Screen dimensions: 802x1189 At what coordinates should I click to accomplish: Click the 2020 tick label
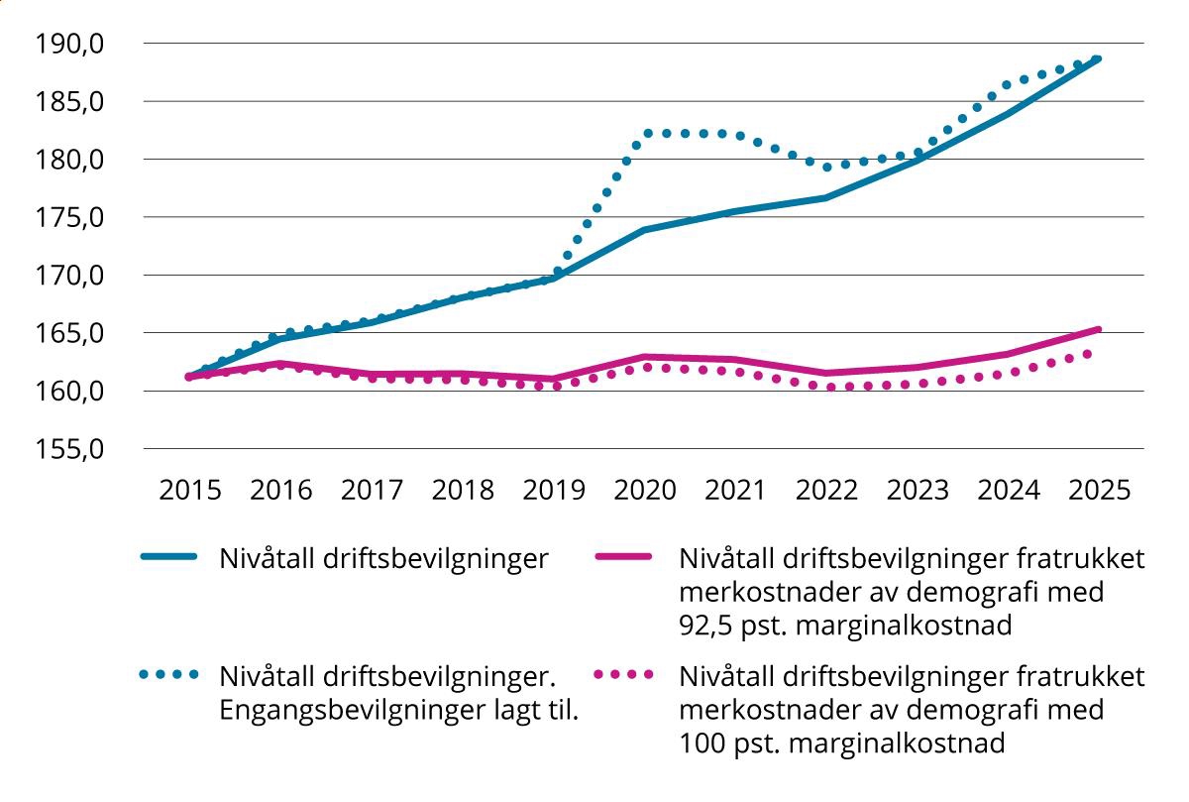644,491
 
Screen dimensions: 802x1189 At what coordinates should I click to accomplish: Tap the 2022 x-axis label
826,491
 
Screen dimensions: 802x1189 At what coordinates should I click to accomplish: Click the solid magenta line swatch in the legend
624,559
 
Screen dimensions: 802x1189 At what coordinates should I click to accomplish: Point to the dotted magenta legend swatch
624,675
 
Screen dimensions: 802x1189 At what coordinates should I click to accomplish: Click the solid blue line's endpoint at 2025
1098,59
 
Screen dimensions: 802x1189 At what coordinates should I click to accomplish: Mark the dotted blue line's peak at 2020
646,132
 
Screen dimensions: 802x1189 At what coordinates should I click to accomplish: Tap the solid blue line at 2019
553,279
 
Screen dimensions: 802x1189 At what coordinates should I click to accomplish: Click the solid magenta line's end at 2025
1098,329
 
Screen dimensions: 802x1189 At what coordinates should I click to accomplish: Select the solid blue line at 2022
826,198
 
